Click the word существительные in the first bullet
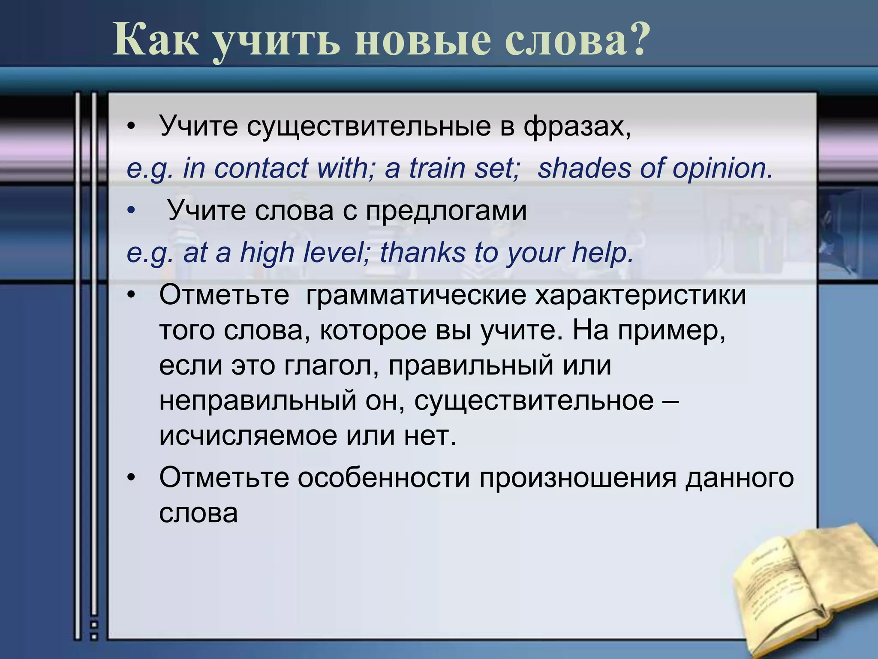pyautogui.click(x=369, y=126)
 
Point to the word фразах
pyautogui.click(x=577, y=127)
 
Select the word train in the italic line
pyautogui.click(x=437, y=168)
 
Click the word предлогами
pyautogui.click(x=446, y=211)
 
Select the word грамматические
pyautogui.click(x=416, y=296)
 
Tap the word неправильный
pyautogui.click(x=258, y=401)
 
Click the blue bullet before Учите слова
pyautogui.click(x=131, y=211)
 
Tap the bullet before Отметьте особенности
pyautogui.click(x=131, y=478)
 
